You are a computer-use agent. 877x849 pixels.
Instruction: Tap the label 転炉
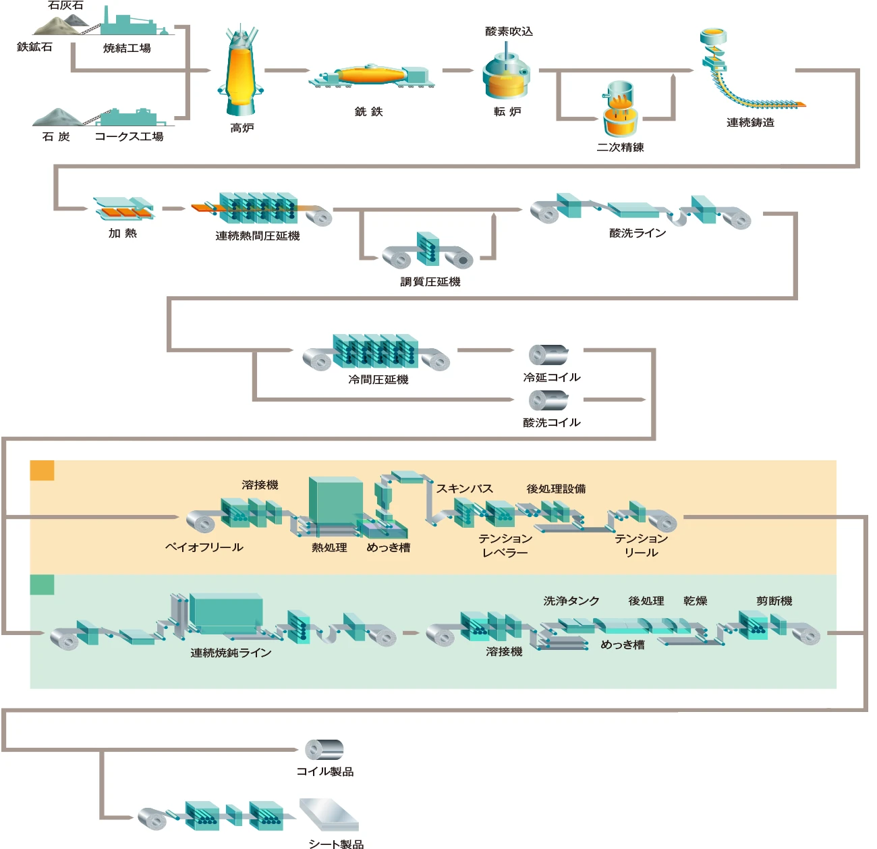point(507,112)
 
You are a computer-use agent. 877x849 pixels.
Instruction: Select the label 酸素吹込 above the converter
point(509,32)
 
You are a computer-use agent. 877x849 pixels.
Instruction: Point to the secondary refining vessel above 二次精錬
point(620,111)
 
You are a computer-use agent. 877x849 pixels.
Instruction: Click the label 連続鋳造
point(750,123)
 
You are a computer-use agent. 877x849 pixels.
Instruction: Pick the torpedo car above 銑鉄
point(371,75)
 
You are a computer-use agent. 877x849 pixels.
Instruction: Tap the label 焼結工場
point(127,49)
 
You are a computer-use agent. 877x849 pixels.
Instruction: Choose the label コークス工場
point(129,136)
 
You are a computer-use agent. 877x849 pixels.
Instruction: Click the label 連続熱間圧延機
point(257,236)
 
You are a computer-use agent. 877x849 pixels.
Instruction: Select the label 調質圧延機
point(430,282)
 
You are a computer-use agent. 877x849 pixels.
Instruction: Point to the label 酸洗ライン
point(638,234)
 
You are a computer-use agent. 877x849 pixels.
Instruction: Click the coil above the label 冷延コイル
point(548,355)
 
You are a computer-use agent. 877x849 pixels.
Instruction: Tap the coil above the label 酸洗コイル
point(548,400)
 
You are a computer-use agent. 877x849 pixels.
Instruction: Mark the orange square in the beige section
point(42,470)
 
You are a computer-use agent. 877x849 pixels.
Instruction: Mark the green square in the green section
point(42,584)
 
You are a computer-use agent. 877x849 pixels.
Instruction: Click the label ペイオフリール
point(204,547)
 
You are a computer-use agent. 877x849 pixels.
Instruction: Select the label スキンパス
point(464,489)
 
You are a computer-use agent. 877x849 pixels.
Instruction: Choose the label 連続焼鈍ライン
point(231,653)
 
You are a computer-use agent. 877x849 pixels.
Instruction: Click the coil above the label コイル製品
point(324,750)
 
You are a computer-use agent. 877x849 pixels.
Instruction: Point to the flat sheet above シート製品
point(329,815)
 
